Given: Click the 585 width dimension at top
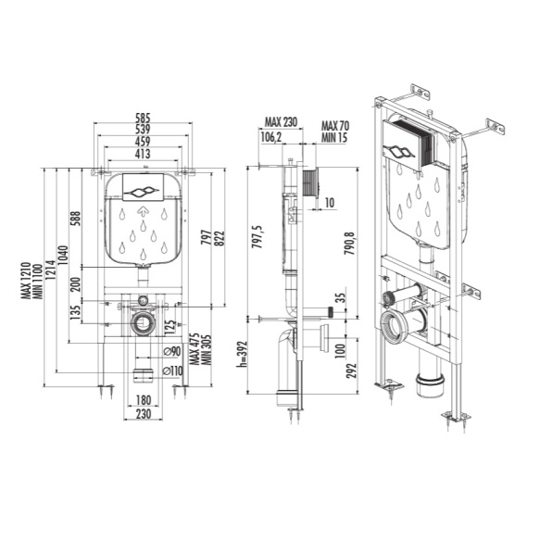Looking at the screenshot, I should (x=142, y=119).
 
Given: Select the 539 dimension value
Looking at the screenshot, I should (x=142, y=131).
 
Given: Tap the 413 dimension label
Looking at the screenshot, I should (x=142, y=155).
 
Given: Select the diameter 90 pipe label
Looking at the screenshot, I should (x=170, y=351).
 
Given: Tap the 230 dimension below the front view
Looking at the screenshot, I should (x=141, y=414).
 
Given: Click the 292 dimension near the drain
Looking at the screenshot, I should (x=348, y=370).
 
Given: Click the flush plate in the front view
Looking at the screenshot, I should (x=142, y=188).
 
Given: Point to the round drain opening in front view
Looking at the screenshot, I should (x=142, y=324).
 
